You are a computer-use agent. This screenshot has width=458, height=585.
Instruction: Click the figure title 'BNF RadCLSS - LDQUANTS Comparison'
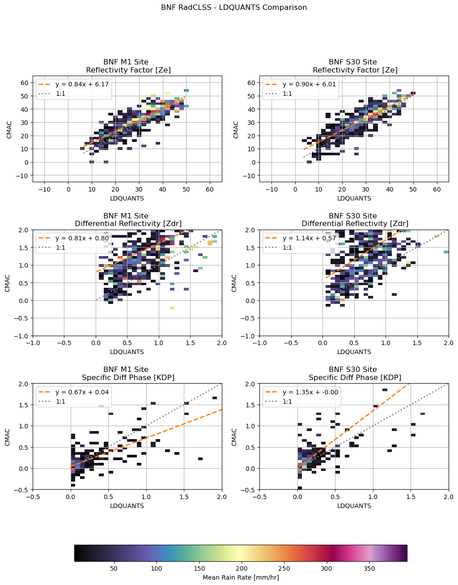[234, 7]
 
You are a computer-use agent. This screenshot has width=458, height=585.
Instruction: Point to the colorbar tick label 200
[242, 568]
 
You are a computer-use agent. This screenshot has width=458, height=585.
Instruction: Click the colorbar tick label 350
[369, 568]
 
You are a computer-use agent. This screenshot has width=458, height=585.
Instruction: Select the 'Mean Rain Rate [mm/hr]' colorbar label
[241, 577]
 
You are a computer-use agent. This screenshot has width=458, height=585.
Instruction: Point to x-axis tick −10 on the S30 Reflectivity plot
[271, 189]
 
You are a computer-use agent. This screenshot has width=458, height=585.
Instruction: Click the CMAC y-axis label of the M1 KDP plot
[8, 437]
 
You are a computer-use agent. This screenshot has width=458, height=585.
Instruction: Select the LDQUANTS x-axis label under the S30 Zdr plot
[354, 352]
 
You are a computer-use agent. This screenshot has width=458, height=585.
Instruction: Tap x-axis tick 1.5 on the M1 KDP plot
[184, 497]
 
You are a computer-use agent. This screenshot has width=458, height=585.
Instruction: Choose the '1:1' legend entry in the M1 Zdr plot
[60, 248]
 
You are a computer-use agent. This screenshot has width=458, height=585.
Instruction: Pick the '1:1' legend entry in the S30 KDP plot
[287, 401]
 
